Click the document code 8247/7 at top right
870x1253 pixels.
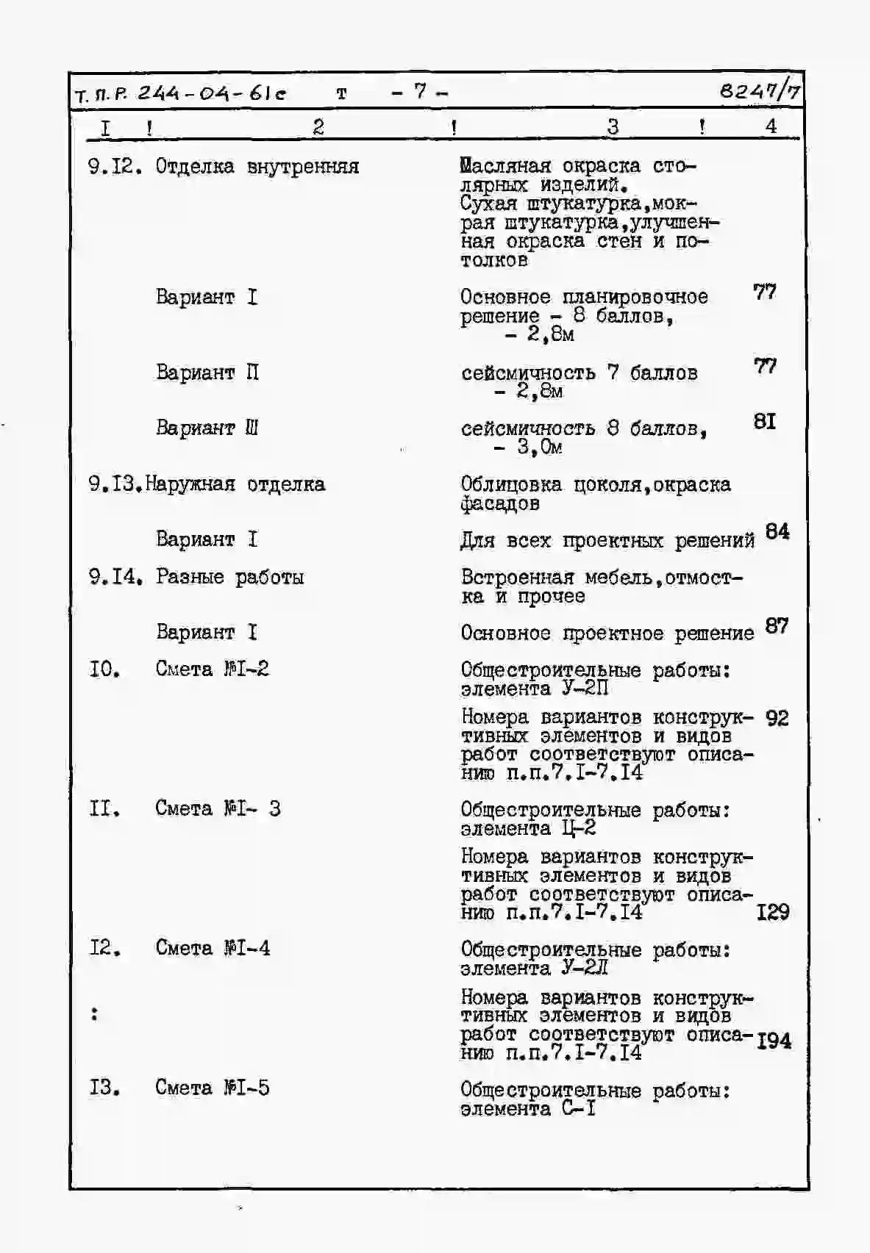point(760,91)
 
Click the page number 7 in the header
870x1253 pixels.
point(420,92)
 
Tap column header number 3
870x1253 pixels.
point(613,126)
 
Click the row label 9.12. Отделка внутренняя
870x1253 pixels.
point(224,167)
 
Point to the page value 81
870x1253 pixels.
point(765,422)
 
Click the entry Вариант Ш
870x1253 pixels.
point(207,428)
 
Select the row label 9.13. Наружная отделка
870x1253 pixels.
point(207,484)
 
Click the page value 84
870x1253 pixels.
point(777,531)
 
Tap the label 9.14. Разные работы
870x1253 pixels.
point(196,577)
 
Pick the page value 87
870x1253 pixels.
point(777,626)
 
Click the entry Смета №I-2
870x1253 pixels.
point(212,669)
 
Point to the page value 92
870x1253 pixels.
point(777,718)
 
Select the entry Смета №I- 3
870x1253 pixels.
point(218,809)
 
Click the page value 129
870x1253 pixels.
point(773,913)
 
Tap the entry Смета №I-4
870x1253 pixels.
point(213,949)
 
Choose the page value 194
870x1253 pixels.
point(774,1041)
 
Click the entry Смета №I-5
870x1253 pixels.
point(213,1088)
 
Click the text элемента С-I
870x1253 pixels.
point(528,1109)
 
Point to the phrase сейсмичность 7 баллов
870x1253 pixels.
point(580,373)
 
